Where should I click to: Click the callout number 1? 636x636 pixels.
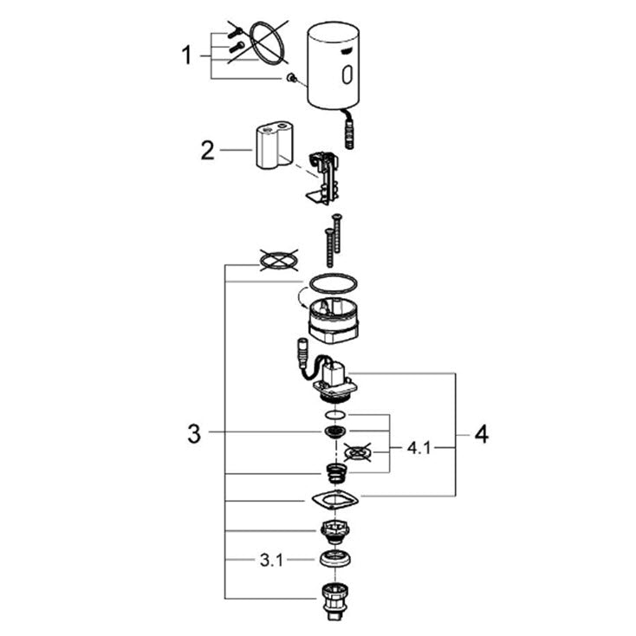point(186,55)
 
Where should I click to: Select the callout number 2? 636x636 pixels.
point(208,150)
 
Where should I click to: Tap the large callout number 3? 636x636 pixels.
point(194,433)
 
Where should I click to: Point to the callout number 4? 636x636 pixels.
point(482,435)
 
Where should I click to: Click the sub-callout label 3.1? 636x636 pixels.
point(271,561)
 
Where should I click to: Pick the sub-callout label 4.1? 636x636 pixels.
point(419,448)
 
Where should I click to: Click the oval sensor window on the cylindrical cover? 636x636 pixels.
point(347,75)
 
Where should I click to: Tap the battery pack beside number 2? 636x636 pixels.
point(275,145)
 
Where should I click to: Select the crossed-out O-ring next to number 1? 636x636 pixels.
point(267,43)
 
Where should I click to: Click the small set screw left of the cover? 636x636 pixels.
point(290,77)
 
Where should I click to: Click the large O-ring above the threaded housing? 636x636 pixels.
point(334,283)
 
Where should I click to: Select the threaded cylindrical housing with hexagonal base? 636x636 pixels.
point(334,321)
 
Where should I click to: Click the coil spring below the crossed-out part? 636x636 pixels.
point(337,474)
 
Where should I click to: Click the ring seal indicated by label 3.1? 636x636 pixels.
point(335,560)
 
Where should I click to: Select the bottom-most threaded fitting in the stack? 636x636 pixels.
point(334,601)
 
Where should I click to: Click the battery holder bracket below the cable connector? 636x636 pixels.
point(323,178)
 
